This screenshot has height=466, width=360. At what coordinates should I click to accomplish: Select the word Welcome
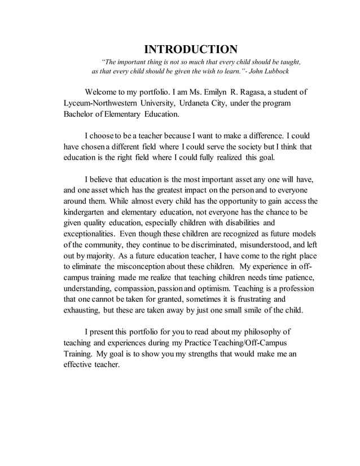pyautogui.click(x=103, y=92)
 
